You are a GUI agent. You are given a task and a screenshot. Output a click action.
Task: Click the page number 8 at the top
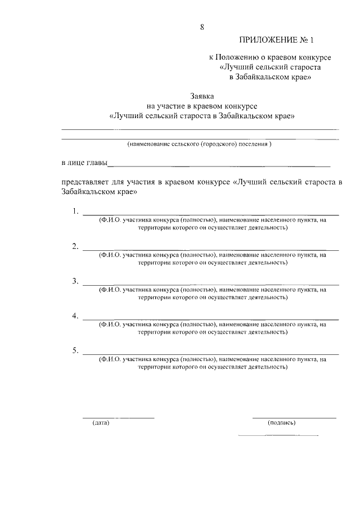coord(202,27)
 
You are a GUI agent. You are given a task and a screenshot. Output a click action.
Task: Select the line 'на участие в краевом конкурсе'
coord(202,106)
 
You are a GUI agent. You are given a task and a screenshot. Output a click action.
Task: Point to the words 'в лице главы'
coord(84,164)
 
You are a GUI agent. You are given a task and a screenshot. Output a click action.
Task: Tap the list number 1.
coord(75,212)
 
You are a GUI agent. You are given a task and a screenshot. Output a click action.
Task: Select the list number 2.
coord(75,247)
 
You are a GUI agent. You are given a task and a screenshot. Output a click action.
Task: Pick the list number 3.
coord(75,281)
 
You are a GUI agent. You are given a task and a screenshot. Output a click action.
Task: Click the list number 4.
coord(75,316)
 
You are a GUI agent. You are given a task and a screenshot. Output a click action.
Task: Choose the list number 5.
coord(75,351)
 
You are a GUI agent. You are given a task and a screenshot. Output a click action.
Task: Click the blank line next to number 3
coord(211,285)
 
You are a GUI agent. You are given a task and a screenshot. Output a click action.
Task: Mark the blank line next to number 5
coord(211,354)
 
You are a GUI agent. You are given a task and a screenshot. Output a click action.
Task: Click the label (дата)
coord(101,422)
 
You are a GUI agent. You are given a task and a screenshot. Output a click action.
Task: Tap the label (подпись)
coord(282,422)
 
